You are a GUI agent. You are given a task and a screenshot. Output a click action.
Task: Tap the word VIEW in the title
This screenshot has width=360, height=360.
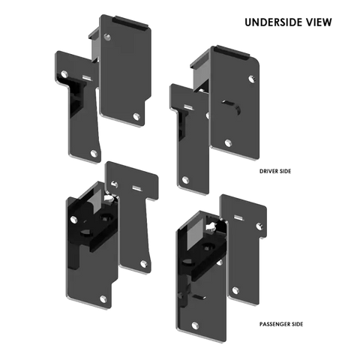pyautogui.click(x=319, y=22)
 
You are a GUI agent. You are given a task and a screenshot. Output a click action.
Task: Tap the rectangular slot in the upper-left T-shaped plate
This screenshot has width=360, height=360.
pyautogui.click(x=87, y=78)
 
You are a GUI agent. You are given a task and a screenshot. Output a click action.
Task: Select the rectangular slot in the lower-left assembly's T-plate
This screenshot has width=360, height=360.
pyautogui.click(x=137, y=188)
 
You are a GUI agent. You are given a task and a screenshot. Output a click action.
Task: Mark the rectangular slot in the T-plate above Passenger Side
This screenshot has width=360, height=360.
pyautogui.click(x=238, y=217)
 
